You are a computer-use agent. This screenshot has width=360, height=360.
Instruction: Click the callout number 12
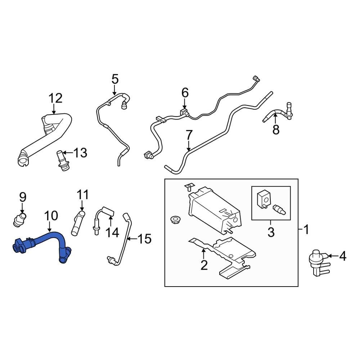56,98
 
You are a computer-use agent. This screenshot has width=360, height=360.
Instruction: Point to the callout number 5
114,78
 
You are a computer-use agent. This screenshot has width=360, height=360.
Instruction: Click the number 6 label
185,93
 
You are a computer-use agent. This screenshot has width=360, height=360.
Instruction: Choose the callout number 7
189,136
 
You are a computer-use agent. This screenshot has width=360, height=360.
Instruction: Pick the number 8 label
276,130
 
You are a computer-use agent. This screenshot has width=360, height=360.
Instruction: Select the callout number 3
271,232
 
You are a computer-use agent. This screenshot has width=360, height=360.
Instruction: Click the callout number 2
204,265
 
